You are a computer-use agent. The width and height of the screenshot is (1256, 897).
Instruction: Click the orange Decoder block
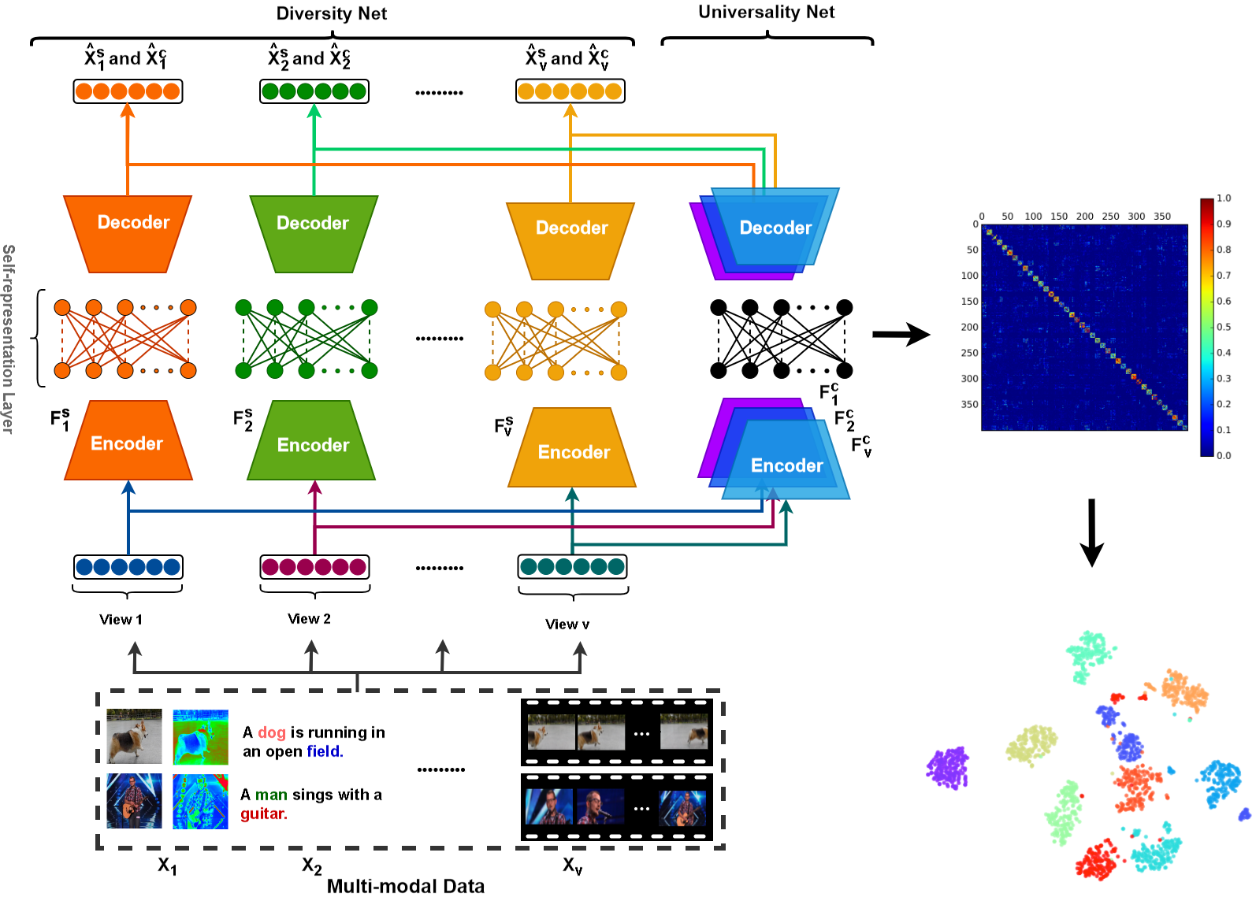(x=128, y=233)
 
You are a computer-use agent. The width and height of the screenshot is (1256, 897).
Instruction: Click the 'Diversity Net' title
(x=331, y=13)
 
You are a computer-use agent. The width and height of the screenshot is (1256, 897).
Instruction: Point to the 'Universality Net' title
(x=766, y=12)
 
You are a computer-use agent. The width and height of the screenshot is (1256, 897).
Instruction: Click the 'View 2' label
(x=309, y=619)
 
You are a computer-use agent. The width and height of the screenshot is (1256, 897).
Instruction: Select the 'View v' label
(x=567, y=625)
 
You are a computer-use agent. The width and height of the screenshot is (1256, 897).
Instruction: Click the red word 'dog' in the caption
(x=272, y=732)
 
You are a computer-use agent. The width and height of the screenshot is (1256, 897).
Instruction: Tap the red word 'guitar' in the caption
(x=262, y=814)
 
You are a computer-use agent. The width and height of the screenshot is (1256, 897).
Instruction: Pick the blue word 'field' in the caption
(x=324, y=751)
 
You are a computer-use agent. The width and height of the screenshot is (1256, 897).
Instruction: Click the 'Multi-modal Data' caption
(x=406, y=886)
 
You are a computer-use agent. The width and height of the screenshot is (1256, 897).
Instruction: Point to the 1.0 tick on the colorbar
(x=1223, y=198)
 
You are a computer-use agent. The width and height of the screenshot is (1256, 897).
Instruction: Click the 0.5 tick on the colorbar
(x=1223, y=327)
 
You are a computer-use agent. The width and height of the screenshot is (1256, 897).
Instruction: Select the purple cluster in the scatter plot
(x=948, y=768)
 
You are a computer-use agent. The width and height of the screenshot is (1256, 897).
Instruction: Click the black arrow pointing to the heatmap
(x=901, y=335)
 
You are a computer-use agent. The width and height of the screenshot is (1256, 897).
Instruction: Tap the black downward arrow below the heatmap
(x=1091, y=532)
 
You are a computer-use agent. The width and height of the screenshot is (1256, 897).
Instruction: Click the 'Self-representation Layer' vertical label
(x=8, y=339)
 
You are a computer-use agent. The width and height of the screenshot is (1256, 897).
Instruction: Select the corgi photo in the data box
(x=134, y=736)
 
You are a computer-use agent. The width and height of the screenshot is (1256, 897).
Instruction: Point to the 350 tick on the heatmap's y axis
(x=969, y=405)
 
